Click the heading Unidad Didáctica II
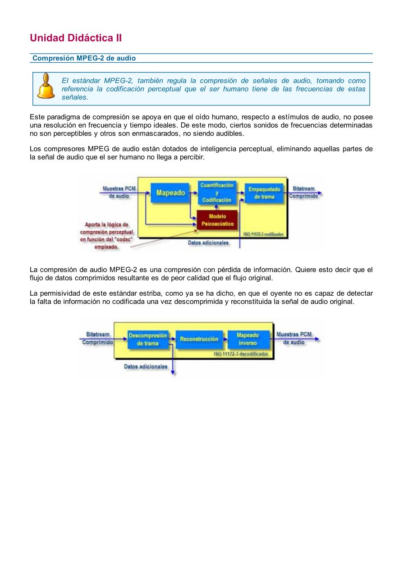click(x=76, y=38)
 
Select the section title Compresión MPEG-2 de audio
click(x=84, y=58)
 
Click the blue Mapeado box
click(x=170, y=193)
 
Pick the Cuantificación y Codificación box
click(x=217, y=192)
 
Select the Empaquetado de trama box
click(x=264, y=193)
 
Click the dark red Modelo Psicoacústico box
click(x=217, y=220)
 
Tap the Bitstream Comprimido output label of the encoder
click(x=303, y=192)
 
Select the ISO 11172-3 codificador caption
click(x=263, y=234)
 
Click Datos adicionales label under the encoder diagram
click(x=208, y=243)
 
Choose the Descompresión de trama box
click(x=148, y=339)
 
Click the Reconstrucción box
click(x=199, y=339)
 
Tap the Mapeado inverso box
click(x=248, y=339)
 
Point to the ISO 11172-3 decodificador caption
click(x=241, y=354)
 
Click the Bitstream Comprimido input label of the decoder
click(x=97, y=339)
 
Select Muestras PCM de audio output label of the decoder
click(x=294, y=339)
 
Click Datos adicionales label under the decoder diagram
click(x=146, y=367)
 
